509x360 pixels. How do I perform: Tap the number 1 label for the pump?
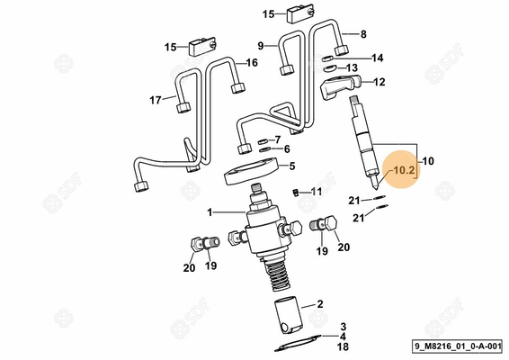pos(210,212)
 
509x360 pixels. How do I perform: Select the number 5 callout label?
pos(291,166)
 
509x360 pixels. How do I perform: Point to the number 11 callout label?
pos(316,191)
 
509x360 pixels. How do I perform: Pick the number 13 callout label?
pos(353,67)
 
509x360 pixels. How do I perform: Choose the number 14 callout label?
pos(378,58)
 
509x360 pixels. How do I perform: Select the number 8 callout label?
pos(363,34)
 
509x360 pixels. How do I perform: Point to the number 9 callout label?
pos(260,45)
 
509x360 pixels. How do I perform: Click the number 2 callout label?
pos(319,305)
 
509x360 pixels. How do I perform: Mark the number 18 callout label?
pos(343,346)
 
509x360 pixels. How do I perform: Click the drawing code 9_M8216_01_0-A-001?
pos(459,346)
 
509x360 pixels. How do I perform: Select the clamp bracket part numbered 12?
pos(340,88)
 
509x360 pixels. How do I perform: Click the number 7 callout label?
pos(277,139)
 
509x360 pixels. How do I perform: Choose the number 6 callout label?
pos(286,149)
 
